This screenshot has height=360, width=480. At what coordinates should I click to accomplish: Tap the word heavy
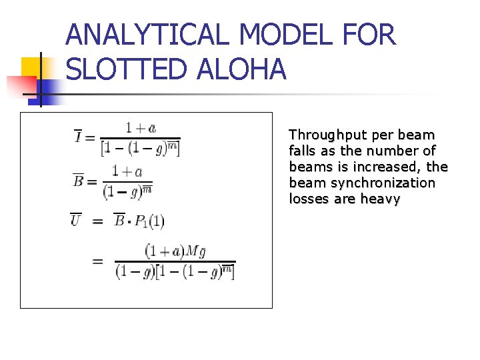click(380, 199)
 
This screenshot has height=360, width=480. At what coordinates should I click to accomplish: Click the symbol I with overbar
click(79, 137)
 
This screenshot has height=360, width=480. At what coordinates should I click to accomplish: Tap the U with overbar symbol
click(76, 220)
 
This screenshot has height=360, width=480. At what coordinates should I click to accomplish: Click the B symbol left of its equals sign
click(78, 180)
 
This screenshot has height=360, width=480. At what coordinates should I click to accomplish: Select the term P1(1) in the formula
click(149, 221)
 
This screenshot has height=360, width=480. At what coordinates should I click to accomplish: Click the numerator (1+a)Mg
click(175, 251)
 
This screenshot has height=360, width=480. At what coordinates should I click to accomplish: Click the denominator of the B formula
click(128, 192)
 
